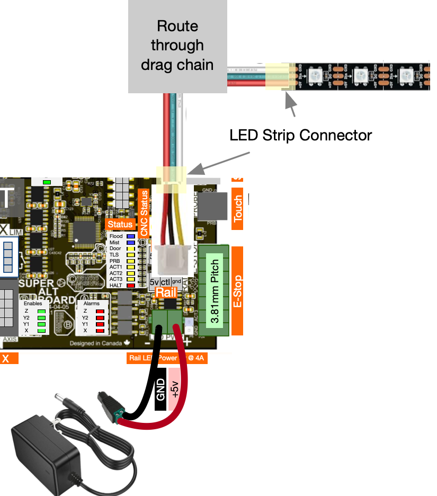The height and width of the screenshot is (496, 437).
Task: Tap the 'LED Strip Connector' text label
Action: [300, 135]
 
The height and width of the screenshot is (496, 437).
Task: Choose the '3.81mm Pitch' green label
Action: [215, 291]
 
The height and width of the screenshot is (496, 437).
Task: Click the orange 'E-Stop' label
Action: [237, 291]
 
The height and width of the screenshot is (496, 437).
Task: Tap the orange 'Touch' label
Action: [238, 208]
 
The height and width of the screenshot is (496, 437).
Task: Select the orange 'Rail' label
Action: [165, 293]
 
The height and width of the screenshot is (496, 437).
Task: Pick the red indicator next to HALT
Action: [130, 286]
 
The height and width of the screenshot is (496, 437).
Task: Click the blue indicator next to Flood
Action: [130, 236]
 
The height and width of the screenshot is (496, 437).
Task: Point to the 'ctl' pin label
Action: [165, 282]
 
